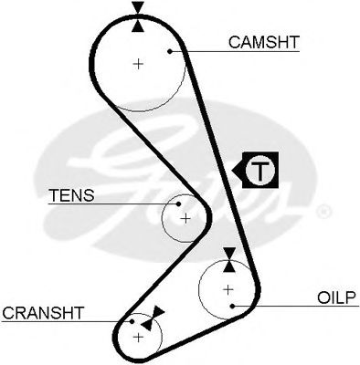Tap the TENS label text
pyautogui.click(x=69, y=195)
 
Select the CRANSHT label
pyautogui.click(x=43, y=312)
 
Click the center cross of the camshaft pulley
pyautogui.click(x=138, y=64)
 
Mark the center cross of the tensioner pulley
pyautogui.click(x=185, y=219)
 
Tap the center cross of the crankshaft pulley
pyautogui.click(x=139, y=337)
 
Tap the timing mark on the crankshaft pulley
pyautogui.click(x=154, y=316)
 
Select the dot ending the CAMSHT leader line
pyautogui.click(x=170, y=52)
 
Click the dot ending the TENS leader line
pyautogui.click(x=178, y=204)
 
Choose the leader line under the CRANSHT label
pyautogui.click(x=64, y=322)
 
